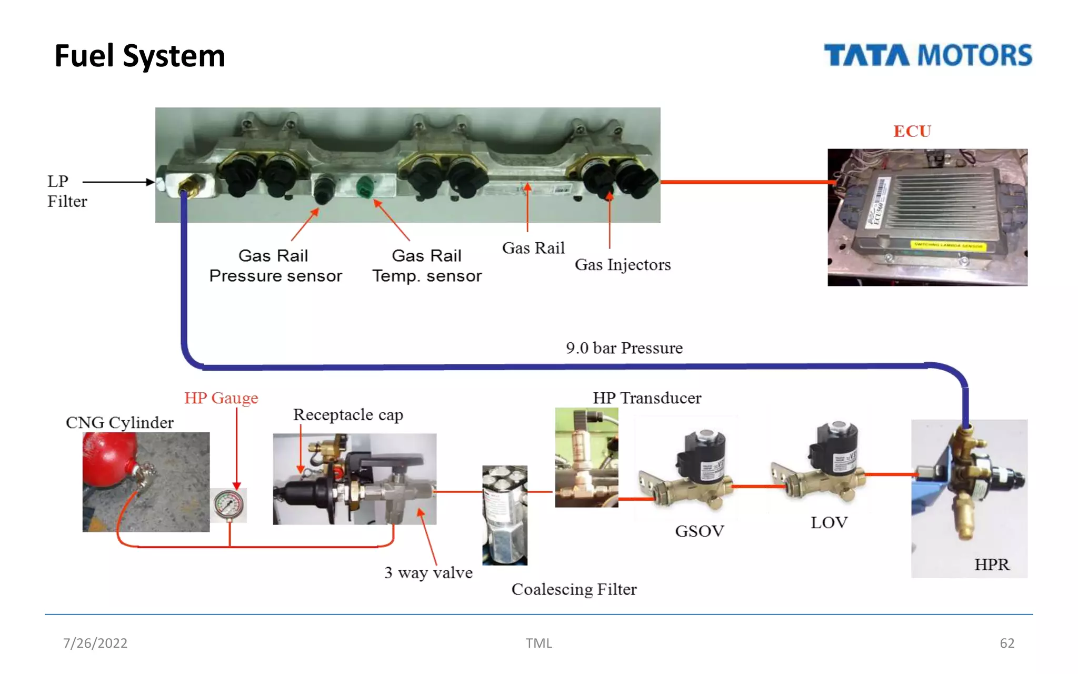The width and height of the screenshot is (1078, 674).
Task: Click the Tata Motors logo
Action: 927,55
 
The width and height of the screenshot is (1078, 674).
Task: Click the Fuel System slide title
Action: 139,56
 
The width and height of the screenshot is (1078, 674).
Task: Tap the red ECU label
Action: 912,131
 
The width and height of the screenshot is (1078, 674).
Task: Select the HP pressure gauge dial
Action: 229,504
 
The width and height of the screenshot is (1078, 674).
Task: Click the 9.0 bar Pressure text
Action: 624,348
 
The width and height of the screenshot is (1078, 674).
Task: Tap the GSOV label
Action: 699,531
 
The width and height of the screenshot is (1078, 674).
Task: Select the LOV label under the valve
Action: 829,522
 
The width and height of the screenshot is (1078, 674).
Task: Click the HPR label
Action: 992,564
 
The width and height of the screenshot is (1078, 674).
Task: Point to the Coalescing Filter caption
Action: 574,589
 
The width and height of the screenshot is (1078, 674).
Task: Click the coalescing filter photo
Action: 504,515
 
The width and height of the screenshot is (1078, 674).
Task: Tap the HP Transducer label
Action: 647,398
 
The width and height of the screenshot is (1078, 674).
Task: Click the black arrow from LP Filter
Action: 118,182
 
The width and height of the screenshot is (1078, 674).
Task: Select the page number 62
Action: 1006,643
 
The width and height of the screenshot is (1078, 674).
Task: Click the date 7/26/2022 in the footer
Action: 95,643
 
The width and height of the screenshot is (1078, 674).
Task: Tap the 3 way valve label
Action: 428,572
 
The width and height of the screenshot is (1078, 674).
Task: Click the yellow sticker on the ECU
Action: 947,245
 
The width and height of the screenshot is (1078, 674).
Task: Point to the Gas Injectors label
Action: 622,265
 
